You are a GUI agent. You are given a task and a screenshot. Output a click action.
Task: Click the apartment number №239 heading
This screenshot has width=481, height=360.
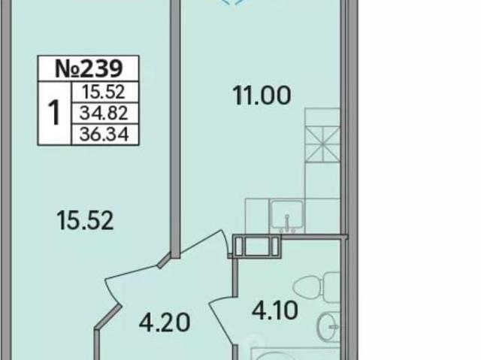click(89, 68)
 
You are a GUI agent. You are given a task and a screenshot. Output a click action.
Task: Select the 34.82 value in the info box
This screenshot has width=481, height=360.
click(104, 113)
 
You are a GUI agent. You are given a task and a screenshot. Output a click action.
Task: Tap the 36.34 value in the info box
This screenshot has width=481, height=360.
click(104, 135)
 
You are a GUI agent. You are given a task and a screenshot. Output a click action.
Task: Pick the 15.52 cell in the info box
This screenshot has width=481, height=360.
click(104, 92)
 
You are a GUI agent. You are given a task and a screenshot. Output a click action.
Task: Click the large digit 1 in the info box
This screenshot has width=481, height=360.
click(55, 113)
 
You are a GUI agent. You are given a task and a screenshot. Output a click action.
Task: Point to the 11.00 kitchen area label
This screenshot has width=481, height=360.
click(262, 95)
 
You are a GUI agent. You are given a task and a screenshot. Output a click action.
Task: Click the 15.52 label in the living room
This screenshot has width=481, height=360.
click(85, 220)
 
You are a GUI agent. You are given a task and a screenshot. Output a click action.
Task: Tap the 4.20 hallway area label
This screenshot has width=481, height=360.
click(165, 322)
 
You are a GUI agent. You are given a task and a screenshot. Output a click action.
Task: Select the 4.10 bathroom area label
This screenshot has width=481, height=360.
click(275, 310)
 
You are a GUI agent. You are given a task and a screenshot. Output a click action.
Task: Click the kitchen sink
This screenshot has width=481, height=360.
click(287, 216)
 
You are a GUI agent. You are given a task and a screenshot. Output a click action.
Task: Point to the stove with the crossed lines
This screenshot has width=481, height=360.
click(322, 144)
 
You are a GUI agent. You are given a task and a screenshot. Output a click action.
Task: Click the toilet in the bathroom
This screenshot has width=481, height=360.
click(316, 288)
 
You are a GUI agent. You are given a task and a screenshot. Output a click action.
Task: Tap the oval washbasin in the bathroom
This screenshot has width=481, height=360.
click(329, 327)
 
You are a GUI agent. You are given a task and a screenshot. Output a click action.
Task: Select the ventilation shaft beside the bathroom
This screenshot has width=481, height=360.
click(257, 247)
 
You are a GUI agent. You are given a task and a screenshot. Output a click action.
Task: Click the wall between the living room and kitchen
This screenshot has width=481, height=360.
click(175, 129)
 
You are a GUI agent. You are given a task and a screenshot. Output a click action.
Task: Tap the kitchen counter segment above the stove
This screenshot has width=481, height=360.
click(322, 116)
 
